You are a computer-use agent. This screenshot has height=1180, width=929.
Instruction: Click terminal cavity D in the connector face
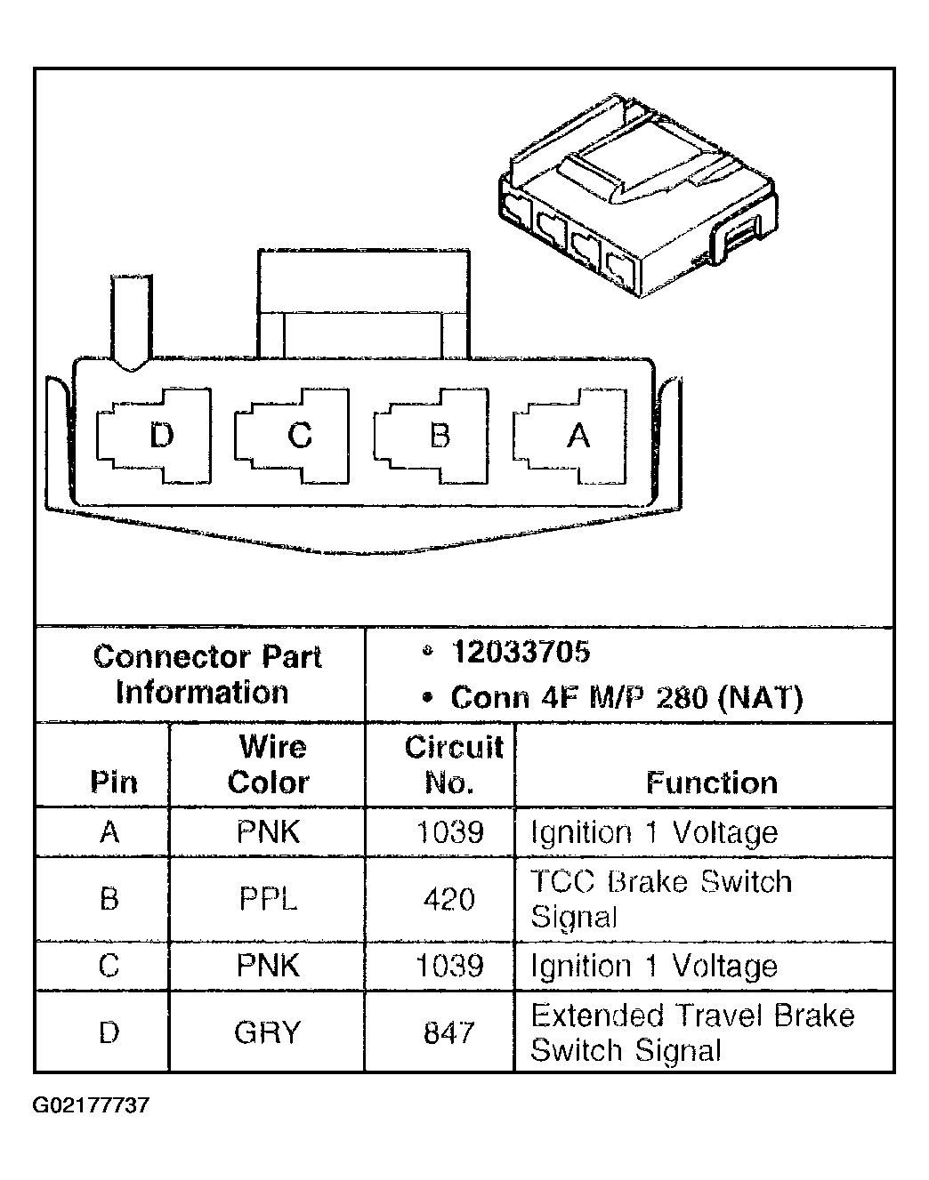point(154,436)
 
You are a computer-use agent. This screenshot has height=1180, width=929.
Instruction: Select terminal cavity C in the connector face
point(292,436)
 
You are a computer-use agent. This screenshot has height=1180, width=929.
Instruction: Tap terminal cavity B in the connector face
point(431,436)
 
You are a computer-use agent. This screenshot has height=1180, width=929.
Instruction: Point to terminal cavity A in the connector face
point(570,436)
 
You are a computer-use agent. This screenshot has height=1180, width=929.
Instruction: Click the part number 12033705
point(521,652)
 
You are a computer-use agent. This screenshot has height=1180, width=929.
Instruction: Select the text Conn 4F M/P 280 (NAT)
point(626,697)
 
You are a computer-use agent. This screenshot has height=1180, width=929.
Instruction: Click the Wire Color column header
point(269,765)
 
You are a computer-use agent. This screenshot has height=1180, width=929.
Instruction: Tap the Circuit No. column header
point(453,765)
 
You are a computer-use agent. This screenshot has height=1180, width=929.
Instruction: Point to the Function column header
point(712,783)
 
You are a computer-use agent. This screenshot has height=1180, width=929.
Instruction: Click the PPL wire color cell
point(269,899)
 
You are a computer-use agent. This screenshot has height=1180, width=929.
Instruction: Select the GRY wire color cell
point(267,1032)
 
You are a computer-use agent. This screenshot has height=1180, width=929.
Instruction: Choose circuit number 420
point(448,899)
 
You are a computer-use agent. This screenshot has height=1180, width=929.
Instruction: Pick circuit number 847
point(448,1032)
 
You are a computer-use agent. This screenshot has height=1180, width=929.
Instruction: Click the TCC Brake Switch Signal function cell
point(661,899)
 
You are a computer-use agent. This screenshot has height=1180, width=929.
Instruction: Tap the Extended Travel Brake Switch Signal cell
point(692,1032)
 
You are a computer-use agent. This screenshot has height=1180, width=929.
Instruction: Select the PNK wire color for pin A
point(269,831)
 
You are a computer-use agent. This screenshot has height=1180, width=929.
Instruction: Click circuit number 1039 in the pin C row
point(449,966)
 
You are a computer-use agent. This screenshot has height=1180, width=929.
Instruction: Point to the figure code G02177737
point(91,1105)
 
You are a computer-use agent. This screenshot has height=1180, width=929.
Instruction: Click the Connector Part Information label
point(206,674)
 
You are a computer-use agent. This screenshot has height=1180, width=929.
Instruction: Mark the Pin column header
point(114,783)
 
